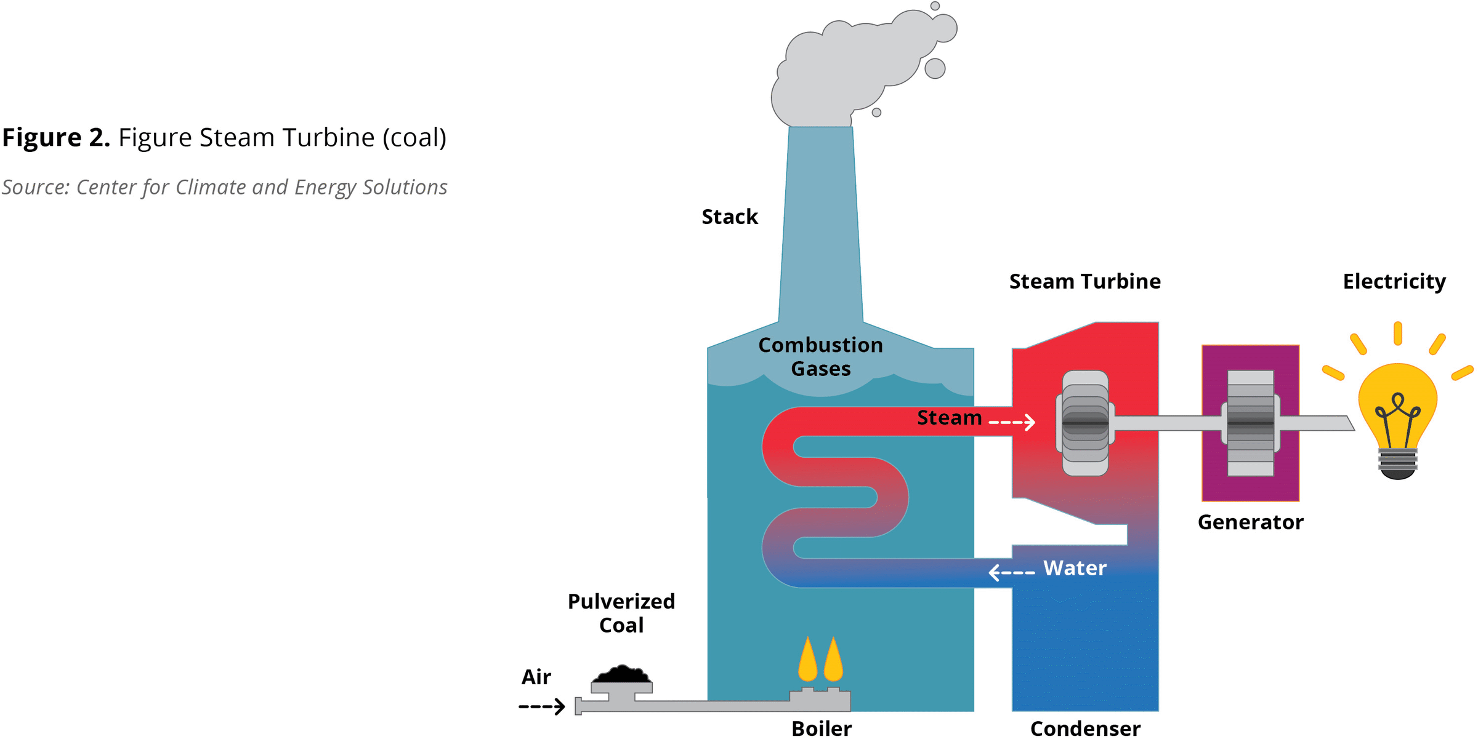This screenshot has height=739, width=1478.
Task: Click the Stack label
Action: pos(730,217)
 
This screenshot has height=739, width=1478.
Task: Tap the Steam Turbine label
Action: pos(1084,282)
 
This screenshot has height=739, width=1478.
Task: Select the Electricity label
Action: pos(1394,282)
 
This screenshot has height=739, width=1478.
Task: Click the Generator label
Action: pos(1250,522)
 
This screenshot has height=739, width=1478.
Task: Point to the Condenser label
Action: pos(1085,729)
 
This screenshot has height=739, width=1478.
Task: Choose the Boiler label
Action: pos(822,729)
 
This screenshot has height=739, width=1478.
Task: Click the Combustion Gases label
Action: pos(820,357)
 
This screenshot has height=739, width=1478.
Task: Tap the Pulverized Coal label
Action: pos(621,613)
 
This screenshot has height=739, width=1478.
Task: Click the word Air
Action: pos(536,677)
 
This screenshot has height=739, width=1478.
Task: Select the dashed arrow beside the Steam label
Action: pos(1012,422)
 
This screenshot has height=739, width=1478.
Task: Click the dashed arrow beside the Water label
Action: pos(1012,572)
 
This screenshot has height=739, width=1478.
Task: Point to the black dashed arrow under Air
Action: pos(541,706)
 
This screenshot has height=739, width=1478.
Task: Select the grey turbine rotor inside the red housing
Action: pos(1085,423)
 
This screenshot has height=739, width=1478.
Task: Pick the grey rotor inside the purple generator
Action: pos(1250,423)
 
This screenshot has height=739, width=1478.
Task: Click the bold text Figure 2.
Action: pos(56,138)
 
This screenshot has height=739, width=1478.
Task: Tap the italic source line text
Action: pos(224,188)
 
